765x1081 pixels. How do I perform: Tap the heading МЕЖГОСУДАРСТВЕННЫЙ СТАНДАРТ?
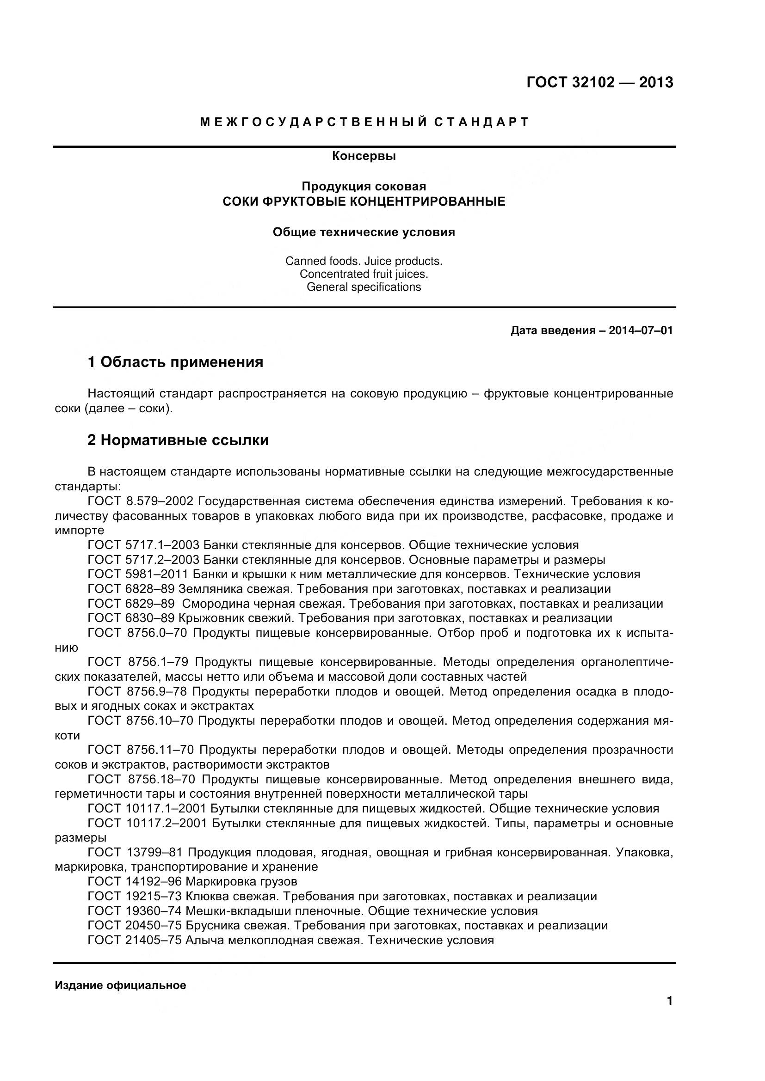(364, 122)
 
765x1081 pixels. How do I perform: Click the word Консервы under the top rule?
(364, 156)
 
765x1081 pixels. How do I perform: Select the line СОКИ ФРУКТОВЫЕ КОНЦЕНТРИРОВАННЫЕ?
(364, 202)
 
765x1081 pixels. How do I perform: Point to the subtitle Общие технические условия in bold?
(364, 232)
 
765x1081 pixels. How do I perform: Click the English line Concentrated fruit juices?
(364, 274)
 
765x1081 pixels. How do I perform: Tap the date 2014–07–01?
(641, 330)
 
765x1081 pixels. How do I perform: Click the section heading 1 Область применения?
(175, 362)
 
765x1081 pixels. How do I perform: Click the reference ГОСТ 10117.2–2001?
(147, 824)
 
